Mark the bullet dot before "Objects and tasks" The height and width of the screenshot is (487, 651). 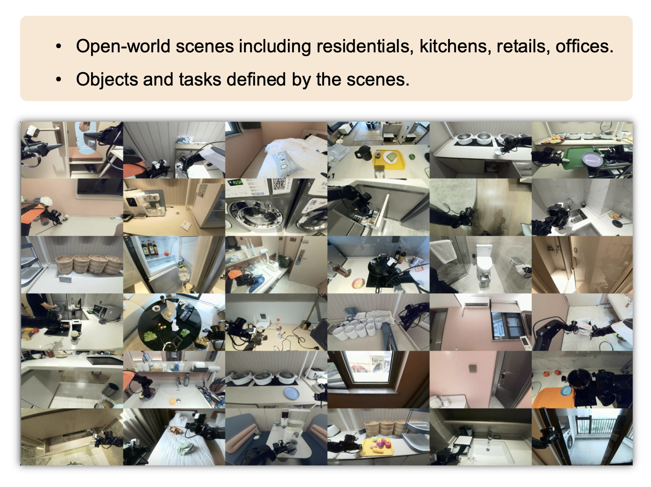(x=58, y=80)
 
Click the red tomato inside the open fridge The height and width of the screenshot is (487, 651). (x=167, y=253)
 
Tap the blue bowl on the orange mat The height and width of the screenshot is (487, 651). (x=566, y=390)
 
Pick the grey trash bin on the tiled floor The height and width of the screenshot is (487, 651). (x=110, y=390)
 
